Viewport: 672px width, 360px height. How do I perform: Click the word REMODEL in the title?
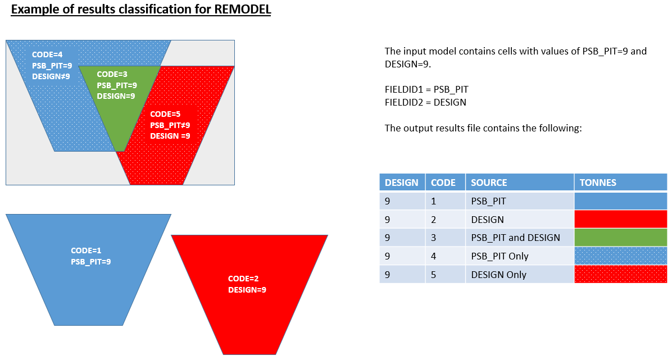coord(243,10)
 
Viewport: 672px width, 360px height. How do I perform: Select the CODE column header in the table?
coord(443,183)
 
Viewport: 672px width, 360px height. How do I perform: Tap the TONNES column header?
coord(598,183)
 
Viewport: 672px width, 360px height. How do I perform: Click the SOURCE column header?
coord(489,183)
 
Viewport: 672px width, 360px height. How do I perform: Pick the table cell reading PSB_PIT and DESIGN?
coord(515,238)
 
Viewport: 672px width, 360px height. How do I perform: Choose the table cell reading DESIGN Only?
coord(498,275)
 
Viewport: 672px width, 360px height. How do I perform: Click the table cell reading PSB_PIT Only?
coord(500,256)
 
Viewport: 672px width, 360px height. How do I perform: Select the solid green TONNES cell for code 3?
coord(620,238)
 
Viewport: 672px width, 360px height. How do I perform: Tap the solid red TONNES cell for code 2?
coord(620,219)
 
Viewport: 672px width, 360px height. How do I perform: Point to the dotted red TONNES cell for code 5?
coord(620,275)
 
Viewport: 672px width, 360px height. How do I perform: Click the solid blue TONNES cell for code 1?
coord(620,201)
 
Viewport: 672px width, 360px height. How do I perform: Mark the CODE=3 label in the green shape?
coord(112,74)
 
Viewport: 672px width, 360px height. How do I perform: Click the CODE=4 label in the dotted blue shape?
coord(47,54)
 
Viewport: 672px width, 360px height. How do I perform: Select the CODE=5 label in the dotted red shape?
coord(165,114)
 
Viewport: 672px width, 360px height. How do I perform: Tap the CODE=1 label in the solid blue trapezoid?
coord(86,250)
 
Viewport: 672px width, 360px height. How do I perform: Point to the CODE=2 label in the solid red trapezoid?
coord(243,279)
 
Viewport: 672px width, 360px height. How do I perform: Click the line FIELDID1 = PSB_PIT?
coord(426,89)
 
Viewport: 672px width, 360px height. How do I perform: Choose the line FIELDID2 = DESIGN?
coord(425,102)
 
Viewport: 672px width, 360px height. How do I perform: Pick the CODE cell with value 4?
coord(434,256)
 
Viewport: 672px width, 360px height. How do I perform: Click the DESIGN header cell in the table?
coord(401,183)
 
